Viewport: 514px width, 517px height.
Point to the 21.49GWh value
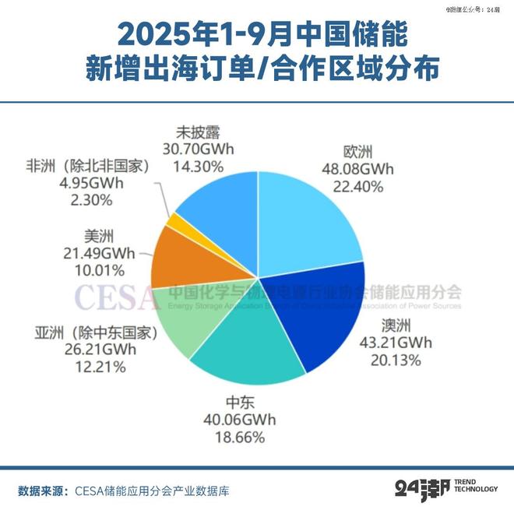[x=98, y=253]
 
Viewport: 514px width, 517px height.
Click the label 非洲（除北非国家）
[x=86, y=165]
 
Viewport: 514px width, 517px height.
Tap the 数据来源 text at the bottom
[x=42, y=491]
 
